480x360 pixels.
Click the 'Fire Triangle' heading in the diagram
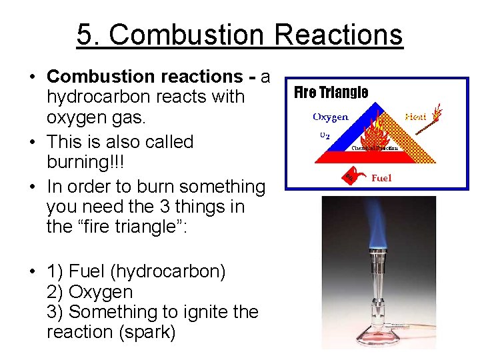331,92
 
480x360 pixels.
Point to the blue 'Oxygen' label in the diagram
330,117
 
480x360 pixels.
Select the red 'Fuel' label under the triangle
381,178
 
